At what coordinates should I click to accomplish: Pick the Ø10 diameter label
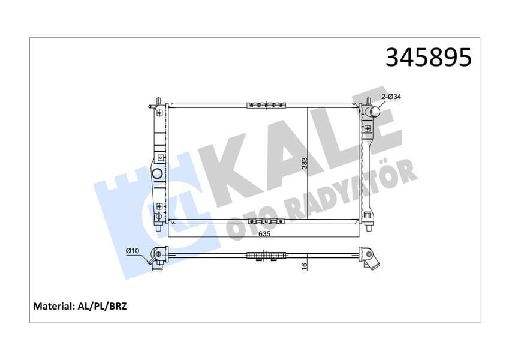(132, 251)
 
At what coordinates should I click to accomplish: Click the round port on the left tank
(157, 175)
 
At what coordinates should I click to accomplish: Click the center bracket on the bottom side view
(264, 257)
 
